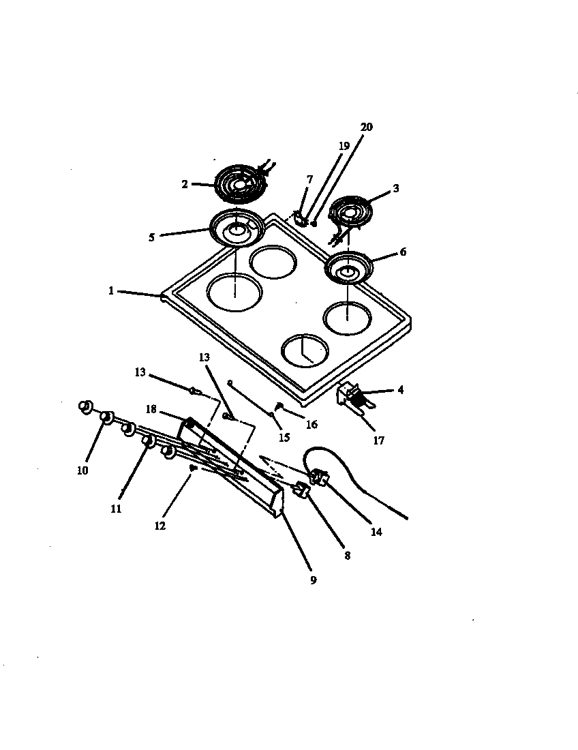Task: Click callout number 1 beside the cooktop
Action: pyautogui.click(x=110, y=290)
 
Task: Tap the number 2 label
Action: pyautogui.click(x=185, y=184)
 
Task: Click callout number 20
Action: pyautogui.click(x=367, y=127)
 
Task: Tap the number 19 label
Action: pyautogui.click(x=344, y=146)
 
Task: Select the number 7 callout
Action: pyautogui.click(x=310, y=179)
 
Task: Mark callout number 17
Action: pyautogui.click(x=378, y=440)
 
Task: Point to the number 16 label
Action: pyautogui.click(x=311, y=424)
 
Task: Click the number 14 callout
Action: pyautogui.click(x=376, y=532)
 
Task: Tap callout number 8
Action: pyautogui.click(x=347, y=556)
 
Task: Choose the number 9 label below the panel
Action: pyautogui.click(x=313, y=581)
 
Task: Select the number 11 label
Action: pyautogui.click(x=117, y=508)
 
